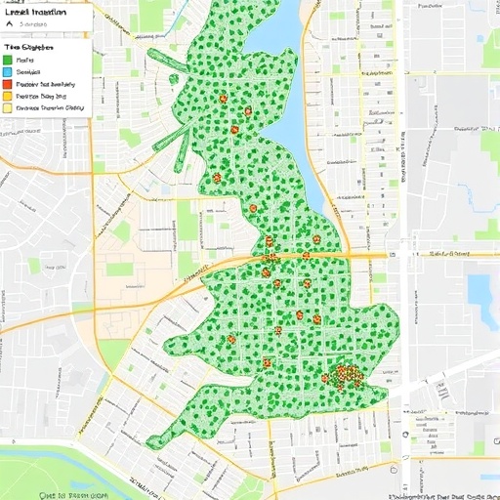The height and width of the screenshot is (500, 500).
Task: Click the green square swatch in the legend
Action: (7, 59)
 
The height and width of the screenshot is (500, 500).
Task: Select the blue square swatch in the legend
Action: (7, 71)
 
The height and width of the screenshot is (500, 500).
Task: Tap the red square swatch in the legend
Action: (7, 84)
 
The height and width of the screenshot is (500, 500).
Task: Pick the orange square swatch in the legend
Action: (7, 97)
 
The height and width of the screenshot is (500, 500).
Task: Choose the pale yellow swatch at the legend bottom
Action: (7, 108)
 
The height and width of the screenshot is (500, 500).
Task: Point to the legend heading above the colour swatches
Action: (29, 46)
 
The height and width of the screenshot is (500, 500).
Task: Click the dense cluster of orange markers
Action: (344, 375)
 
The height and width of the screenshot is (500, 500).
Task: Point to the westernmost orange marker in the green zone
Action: (216, 178)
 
